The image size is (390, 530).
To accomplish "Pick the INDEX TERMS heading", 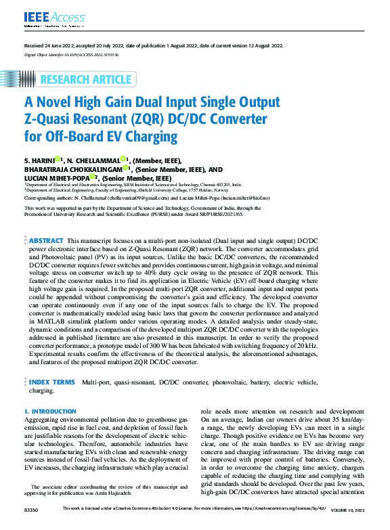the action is [52, 382].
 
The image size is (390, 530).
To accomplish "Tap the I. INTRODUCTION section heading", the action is [50, 412].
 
